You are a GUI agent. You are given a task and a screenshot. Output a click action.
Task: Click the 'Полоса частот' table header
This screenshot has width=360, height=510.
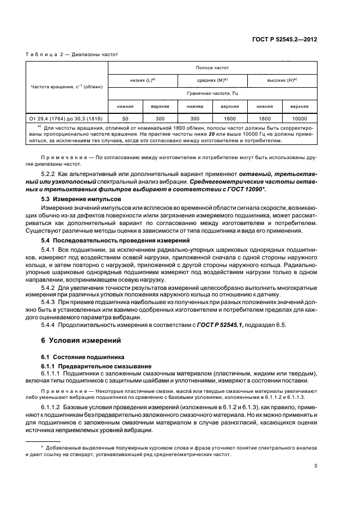tap(212, 68)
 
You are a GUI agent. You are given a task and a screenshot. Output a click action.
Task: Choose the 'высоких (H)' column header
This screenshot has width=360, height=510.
tap(282, 80)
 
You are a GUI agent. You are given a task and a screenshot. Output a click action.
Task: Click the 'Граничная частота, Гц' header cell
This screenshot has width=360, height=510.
tap(212, 93)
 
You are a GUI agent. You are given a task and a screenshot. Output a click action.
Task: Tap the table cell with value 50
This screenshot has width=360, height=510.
tap(126, 118)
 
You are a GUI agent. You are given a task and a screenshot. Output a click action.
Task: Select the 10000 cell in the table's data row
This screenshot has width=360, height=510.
tap(299, 118)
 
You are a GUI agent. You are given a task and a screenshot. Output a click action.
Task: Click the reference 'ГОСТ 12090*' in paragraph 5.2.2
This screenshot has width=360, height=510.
tap(290, 189)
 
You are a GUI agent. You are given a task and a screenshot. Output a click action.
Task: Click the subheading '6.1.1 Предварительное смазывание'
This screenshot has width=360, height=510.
tap(93, 366)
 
